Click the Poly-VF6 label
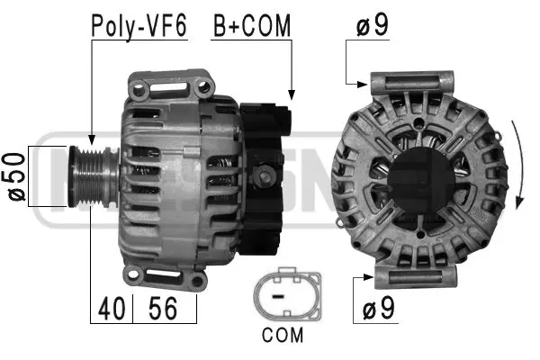click(139, 26)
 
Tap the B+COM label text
click(252, 26)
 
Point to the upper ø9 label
click(372, 26)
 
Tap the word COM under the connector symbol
click(283, 336)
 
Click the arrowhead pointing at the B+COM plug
click(290, 94)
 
